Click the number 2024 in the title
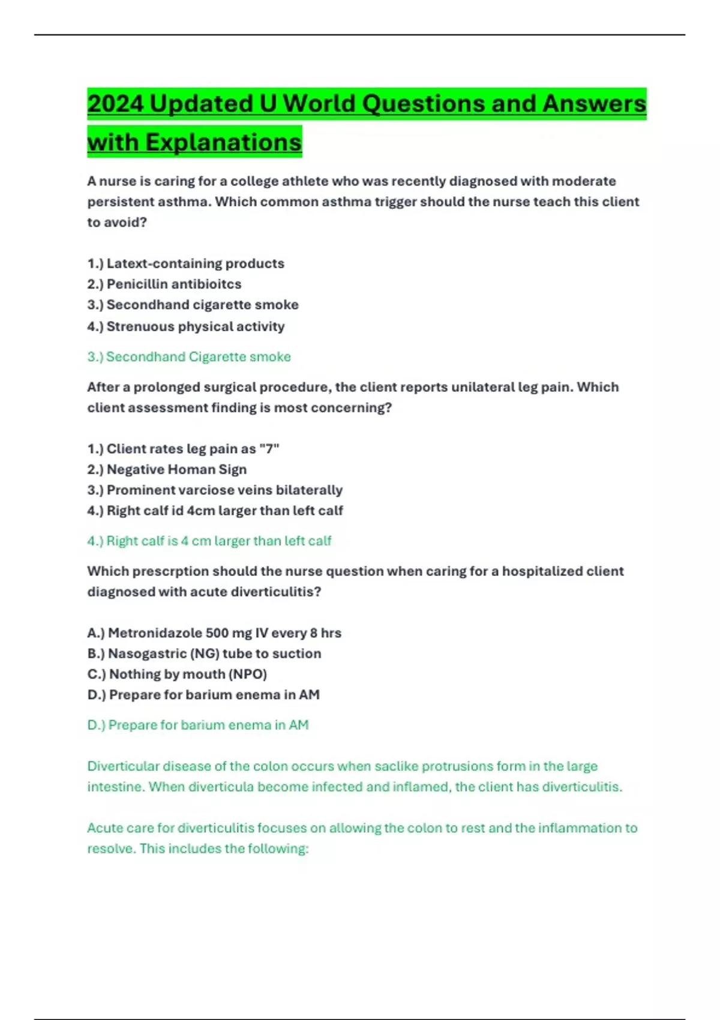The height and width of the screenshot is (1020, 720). click(115, 104)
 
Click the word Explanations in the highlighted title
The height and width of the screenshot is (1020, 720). click(223, 143)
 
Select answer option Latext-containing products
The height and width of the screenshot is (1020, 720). click(186, 263)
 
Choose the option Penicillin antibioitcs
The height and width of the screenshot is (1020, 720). click(164, 284)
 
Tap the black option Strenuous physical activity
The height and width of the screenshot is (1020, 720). click(186, 326)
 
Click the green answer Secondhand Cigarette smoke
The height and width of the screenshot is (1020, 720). click(189, 357)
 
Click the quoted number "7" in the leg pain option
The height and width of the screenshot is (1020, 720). click(269, 449)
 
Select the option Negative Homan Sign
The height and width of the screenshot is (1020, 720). click(167, 469)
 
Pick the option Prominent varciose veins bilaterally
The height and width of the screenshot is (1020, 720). click(215, 490)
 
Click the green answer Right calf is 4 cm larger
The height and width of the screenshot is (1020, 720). click(209, 541)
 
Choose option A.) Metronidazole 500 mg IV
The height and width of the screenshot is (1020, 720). click(214, 633)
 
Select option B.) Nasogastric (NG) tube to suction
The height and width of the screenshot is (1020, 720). click(204, 653)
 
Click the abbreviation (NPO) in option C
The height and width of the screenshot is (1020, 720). click(248, 674)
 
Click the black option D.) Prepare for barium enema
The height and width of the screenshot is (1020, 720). click(203, 695)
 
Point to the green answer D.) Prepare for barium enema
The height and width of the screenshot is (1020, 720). click(198, 725)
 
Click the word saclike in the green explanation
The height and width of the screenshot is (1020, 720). click(396, 766)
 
